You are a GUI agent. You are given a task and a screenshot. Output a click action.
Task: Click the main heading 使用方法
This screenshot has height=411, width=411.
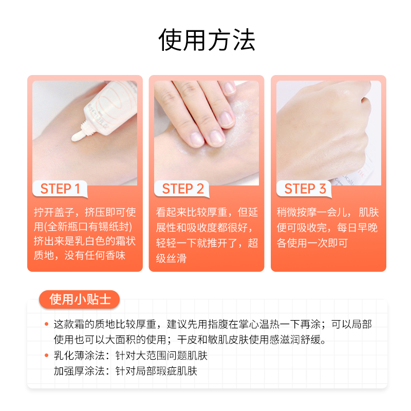point(206,40)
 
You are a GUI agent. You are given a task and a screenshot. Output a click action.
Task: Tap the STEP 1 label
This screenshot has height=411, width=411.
point(60,189)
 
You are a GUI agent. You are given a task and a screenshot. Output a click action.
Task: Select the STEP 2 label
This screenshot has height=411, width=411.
point(183,189)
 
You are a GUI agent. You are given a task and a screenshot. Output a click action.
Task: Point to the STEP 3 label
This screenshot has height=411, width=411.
point(305,189)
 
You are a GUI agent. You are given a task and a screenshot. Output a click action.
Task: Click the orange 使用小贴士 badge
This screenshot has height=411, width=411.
point(80,299)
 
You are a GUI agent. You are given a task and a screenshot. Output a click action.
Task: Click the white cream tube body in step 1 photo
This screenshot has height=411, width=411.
point(110,103)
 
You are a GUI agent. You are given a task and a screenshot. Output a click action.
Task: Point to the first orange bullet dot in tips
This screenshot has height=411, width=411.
point(47,325)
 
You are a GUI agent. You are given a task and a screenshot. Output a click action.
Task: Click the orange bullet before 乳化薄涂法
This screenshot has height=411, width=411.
point(47,356)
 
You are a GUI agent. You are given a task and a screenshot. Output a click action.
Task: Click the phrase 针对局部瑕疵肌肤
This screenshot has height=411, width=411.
point(157,370)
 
